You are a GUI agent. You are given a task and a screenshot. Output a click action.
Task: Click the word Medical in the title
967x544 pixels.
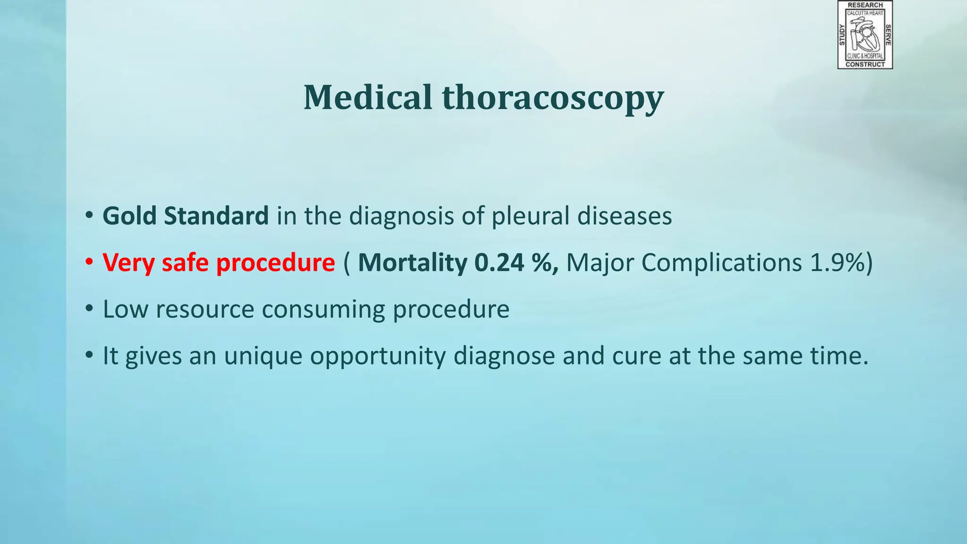click(x=367, y=98)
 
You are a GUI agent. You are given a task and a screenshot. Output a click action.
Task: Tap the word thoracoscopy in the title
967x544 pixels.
click(x=553, y=99)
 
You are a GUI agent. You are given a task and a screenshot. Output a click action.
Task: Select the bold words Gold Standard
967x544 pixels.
click(x=186, y=216)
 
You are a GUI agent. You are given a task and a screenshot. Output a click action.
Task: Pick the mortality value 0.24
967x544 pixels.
click(x=499, y=263)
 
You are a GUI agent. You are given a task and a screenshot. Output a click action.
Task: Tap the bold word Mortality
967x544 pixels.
click(x=412, y=263)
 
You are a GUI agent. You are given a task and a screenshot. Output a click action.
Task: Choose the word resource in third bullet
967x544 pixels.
click(x=205, y=310)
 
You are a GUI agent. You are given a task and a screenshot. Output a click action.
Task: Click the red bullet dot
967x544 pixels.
click(x=89, y=262)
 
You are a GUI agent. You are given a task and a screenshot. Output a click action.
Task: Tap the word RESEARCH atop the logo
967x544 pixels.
click(x=865, y=5)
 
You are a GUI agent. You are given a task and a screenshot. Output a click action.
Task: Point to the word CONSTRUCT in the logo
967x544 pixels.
click(x=865, y=64)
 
